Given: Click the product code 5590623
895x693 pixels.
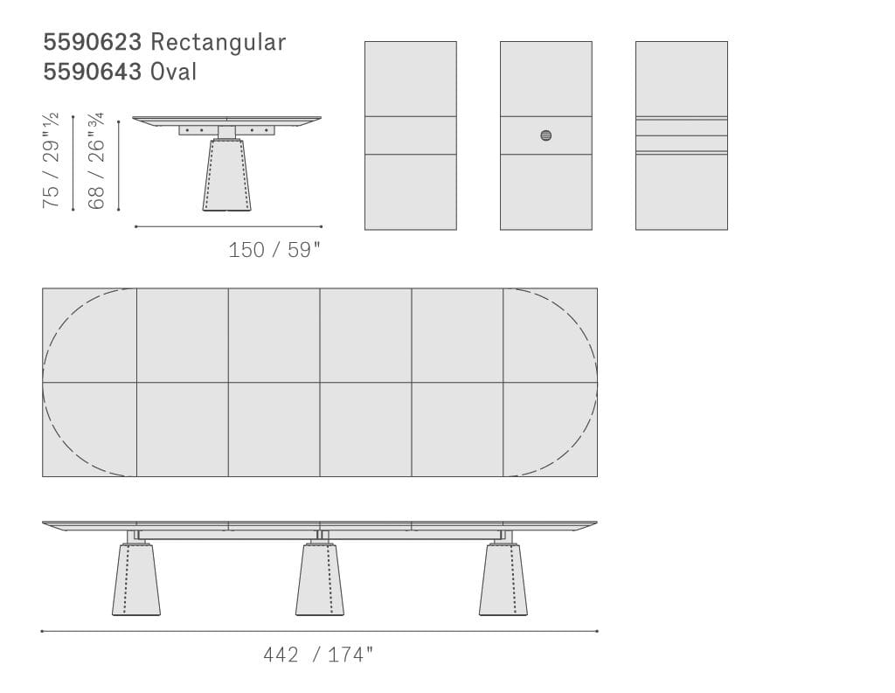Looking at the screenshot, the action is [93, 42].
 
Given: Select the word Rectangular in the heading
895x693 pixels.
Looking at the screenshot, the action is [218, 42].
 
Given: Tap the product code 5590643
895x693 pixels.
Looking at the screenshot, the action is [93, 72].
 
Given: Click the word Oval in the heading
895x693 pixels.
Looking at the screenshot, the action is [174, 72].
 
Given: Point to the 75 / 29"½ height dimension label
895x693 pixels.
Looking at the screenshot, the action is [50, 161].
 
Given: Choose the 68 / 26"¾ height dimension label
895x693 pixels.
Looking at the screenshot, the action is [96, 161].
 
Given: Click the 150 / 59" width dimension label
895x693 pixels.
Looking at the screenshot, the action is [274, 250].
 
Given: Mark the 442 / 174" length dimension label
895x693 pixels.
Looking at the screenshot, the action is [318, 655].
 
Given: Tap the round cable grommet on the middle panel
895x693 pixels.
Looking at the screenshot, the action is [546, 135].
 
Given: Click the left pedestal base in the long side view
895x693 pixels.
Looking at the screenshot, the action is [135, 579].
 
